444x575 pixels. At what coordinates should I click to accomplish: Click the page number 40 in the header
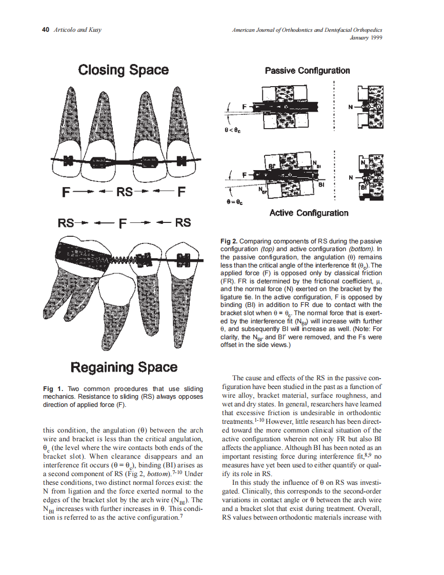[x=45, y=30]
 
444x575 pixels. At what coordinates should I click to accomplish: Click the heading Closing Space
[x=123, y=70]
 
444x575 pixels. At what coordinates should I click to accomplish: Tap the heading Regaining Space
[x=124, y=367]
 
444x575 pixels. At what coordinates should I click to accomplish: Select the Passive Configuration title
[x=307, y=71]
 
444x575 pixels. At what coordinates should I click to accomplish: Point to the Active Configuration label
[x=309, y=213]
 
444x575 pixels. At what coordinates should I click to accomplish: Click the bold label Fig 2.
[x=229, y=241]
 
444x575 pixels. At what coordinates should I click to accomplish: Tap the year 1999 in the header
[x=375, y=37]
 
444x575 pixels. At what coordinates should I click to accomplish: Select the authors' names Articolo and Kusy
[x=77, y=30]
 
